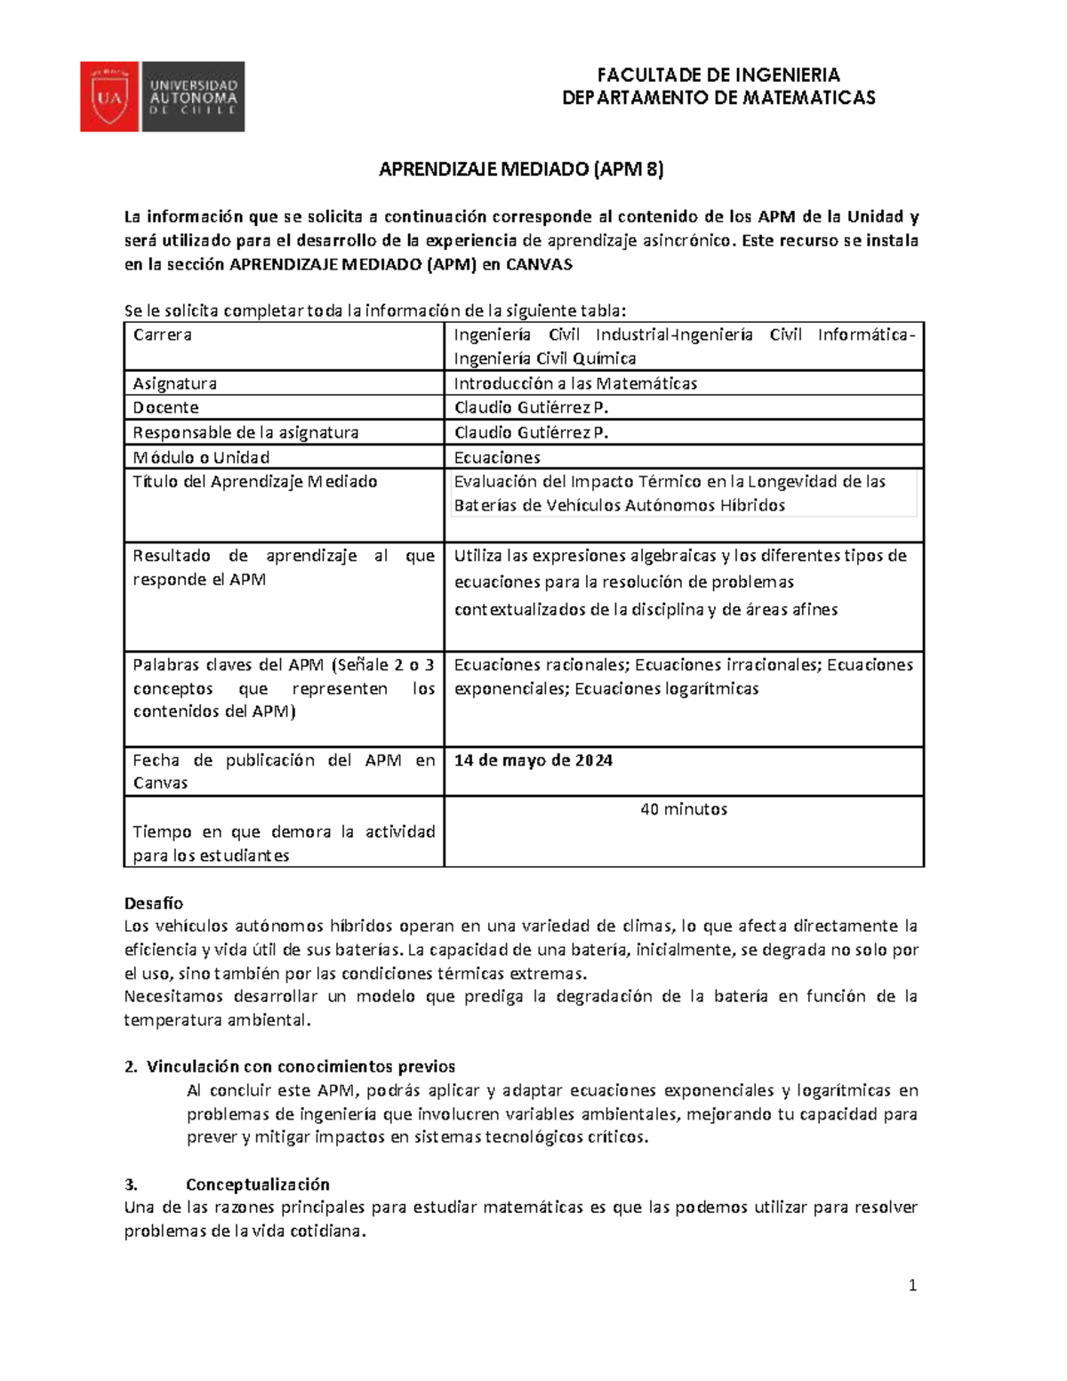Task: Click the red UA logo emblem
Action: pyautogui.click(x=108, y=97)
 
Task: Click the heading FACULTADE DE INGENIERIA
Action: pyautogui.click(x=718, y=75)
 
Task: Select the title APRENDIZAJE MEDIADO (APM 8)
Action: pyautogui.click(x=521, y=169)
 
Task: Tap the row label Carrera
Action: pyautogui.click(x=163, y=335)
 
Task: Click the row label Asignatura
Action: pyautogui.click(x=175, y=383)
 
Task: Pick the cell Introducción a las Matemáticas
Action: pyautogui.click(x=575, y=383)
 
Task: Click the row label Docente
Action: pyautogui.click(x=166, y=407)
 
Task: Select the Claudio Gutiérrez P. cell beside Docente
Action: pyautogui.click(x=531, y=407)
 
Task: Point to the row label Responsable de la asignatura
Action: pyautogui.click(x=245, y=432)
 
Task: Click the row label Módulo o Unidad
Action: pyautogui.click(x=201, y=457)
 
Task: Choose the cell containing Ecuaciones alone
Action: pyautogui.click(x=497, y=457)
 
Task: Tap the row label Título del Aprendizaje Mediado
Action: pyautogui.click(x=255, y=482)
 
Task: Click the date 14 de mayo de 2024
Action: pyautogui.click(x=533, y=760)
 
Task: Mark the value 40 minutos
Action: pyautogui.click(x=684, y=809)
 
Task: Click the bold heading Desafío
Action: pyautogui.click(x=153, y=903)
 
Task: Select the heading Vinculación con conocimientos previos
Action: pyautogui.click(x=301, y=1066)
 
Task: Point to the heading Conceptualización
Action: pyautogui.click(x=257, y=1184)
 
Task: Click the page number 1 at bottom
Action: pyautogui.click(x=912, y=1285)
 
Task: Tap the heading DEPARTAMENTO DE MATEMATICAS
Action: pyautogui.click(x=718, y=98)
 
